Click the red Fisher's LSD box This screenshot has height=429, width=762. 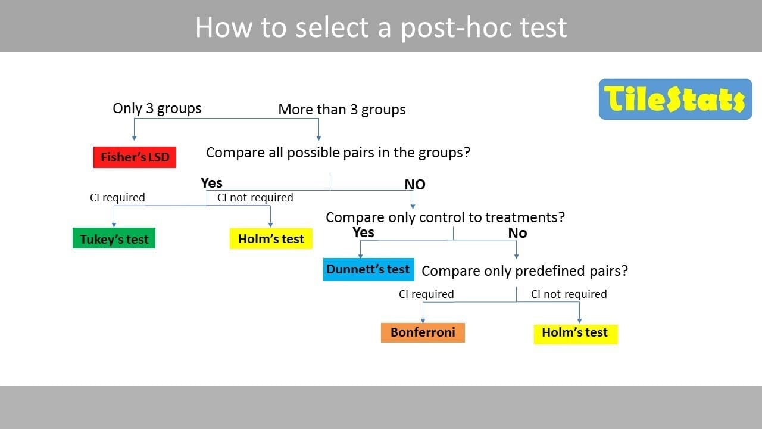click(135, 157)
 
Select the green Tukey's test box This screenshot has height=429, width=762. click(114, 238)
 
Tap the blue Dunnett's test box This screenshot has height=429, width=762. click(368, 269)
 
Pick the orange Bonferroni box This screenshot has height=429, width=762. click(423, 332)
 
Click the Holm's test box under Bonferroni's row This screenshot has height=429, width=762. click(576, 334)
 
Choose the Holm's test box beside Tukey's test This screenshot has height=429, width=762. click(271, 238)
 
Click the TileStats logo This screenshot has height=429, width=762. click(675, 99)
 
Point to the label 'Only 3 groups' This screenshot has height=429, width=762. click(157, 108)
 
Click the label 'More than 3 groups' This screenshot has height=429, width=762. click(342, 110)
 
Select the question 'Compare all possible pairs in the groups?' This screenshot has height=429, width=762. click(338, 153)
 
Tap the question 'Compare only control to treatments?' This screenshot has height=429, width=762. click(445, 217)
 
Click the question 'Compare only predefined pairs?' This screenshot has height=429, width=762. click(525, 271)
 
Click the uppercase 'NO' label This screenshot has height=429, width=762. click(415, 185)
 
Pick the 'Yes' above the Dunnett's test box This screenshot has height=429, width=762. click(363, 232)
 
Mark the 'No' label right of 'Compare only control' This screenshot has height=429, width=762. click(517, 233)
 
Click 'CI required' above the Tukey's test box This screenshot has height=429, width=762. click(117, 197)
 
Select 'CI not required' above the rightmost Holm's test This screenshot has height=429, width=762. click(569, 294)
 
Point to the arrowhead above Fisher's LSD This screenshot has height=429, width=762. click(134, 138)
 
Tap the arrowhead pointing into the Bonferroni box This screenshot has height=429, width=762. click(423, 321)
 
